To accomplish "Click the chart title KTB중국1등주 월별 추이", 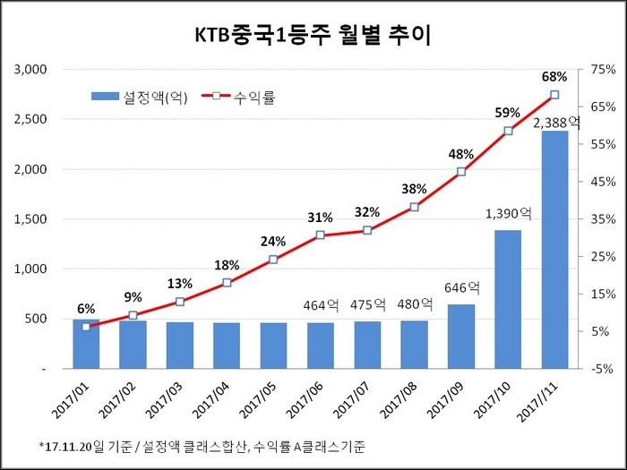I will point(313,35).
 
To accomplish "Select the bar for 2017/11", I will point(554,251).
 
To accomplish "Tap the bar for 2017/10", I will point(508,300).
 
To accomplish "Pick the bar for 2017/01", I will point(86,345).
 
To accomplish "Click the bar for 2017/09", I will point(461,337).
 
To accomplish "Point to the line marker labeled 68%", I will point(554,95).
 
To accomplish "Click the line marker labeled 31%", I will point(321,235).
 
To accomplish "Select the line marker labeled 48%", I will point(461,172).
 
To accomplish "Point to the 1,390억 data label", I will point(509,214).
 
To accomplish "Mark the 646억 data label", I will point(462,288).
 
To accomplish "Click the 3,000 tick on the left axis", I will point(31,70).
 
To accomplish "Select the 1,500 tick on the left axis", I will point(31,219).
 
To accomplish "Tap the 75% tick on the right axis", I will point(602,70).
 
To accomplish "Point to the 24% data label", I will point(273,241).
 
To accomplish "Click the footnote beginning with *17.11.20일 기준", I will point(202,446).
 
